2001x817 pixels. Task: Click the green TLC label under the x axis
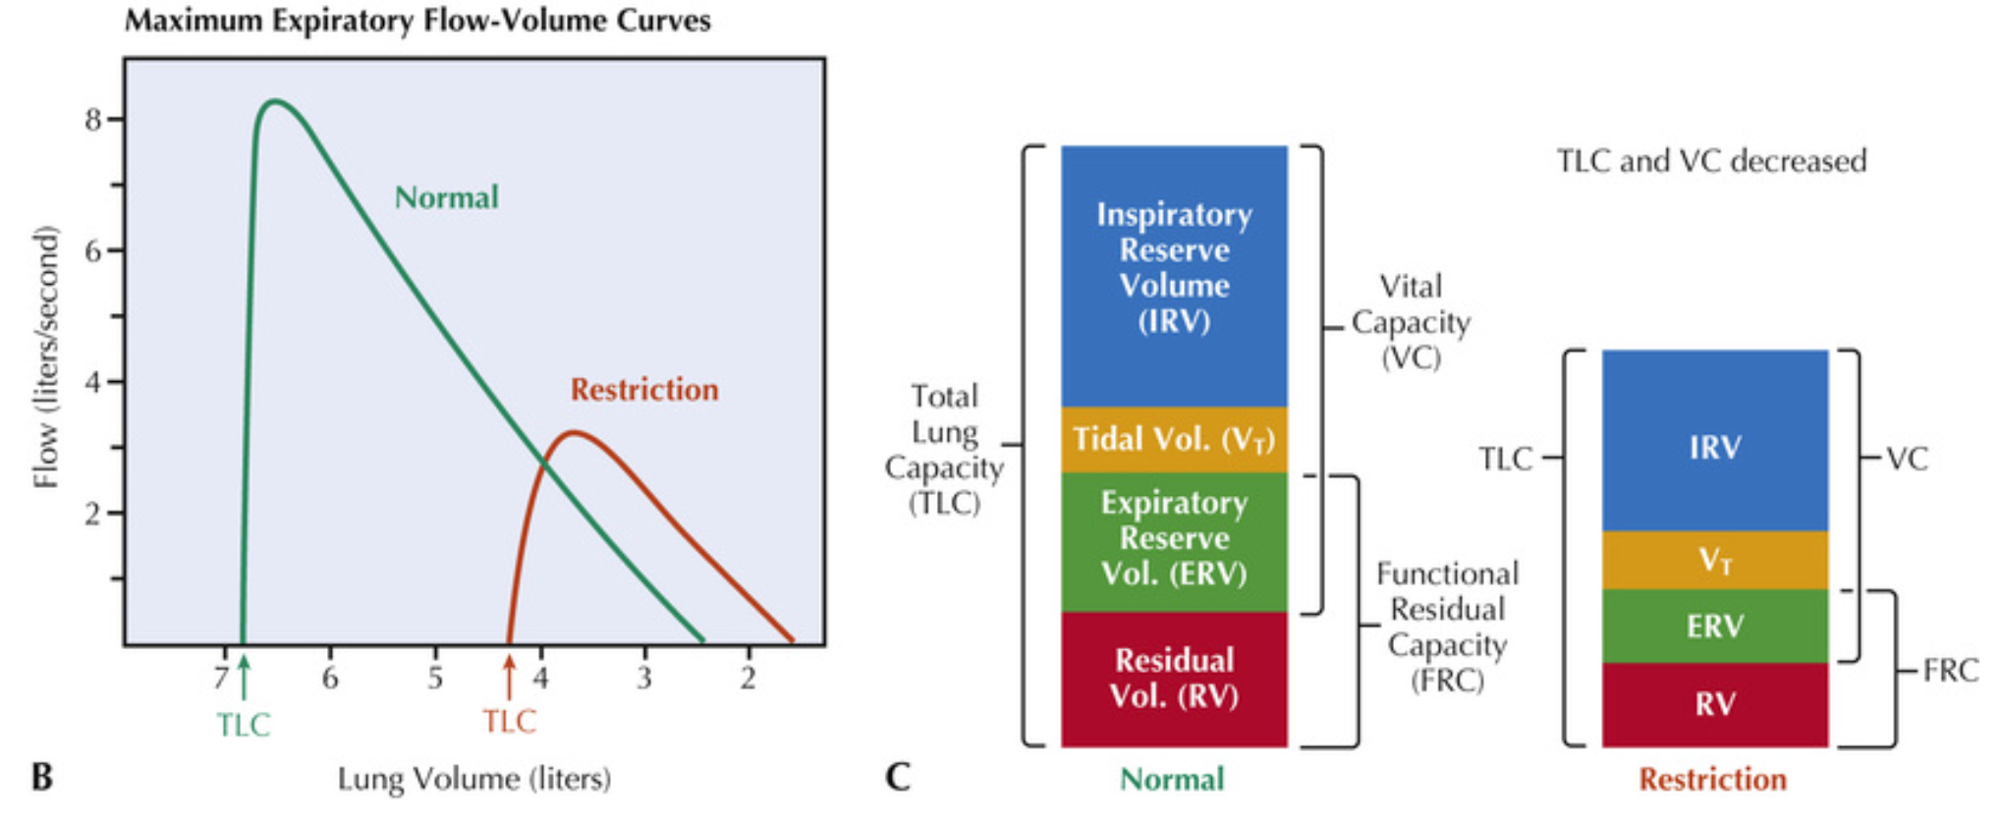click(243, 725)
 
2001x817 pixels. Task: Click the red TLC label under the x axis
click(509, 722)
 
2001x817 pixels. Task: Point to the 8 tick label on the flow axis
click(93, 120)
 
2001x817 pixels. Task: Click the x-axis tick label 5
click(435, 678)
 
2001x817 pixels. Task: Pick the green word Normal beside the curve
click(446, 197)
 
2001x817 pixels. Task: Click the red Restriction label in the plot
click(644, 390)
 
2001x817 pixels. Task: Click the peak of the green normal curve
click(274, 101)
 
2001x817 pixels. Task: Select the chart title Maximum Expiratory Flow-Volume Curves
click(417, 21)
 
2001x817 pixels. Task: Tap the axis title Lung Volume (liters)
click(474, 779)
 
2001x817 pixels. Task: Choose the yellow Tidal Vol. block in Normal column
click(1174, 439)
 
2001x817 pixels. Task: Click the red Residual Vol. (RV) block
click(1174, 678)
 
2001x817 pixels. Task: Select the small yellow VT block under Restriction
click(1715, 561)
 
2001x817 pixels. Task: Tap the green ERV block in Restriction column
click(1715, 626)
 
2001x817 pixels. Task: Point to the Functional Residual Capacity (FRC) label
click(1447, 626)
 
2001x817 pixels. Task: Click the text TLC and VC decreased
click(1711, 161)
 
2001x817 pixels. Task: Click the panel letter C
click(898, 777)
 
